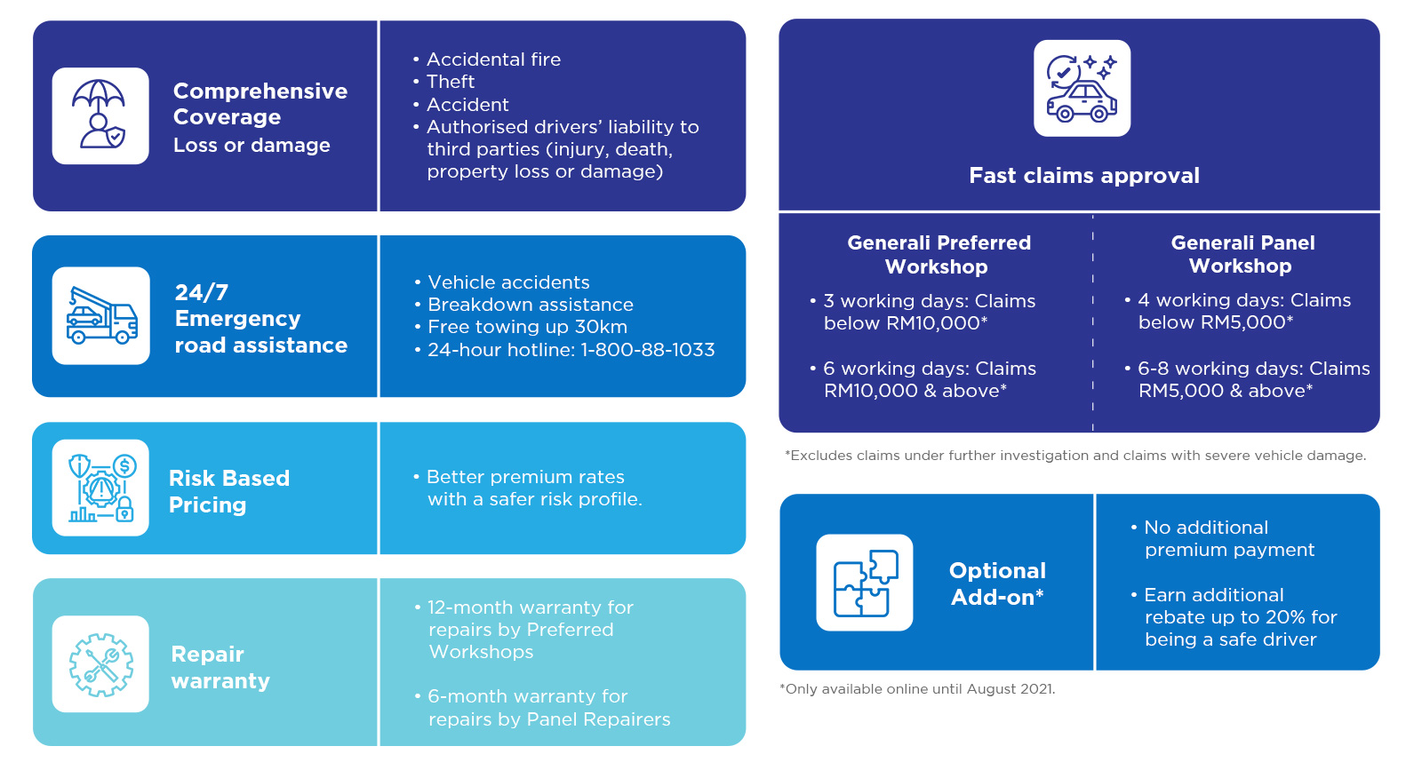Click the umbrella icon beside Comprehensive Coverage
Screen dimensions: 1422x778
100,115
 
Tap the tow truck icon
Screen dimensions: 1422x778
101,315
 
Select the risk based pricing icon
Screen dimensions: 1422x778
100,488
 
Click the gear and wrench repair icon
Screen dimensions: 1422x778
100,663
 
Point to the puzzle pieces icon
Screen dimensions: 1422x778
865,583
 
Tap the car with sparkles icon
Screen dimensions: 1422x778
1082,88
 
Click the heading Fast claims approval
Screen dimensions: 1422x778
1084,175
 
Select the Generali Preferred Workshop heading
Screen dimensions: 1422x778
939,255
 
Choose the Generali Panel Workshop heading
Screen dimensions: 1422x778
1242,254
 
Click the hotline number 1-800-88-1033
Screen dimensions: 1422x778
648,350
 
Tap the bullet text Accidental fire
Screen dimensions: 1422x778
493,59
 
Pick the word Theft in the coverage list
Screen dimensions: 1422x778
450,82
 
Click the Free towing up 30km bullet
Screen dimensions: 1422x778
527,327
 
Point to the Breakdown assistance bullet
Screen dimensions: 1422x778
530,305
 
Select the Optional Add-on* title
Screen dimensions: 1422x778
997,583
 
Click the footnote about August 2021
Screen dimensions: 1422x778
917,689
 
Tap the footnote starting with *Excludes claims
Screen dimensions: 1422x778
1075,456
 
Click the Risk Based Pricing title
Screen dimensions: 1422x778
229,491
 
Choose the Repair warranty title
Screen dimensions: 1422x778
220,667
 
